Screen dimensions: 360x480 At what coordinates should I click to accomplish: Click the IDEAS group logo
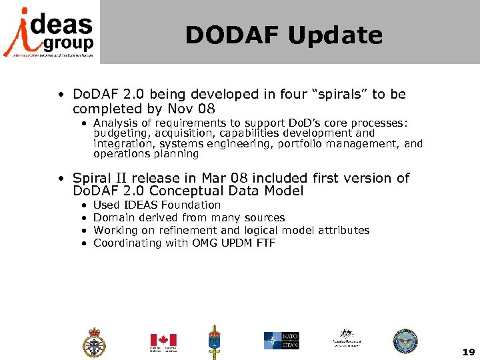(49, 32)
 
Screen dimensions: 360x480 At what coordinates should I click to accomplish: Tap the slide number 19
(468, 351)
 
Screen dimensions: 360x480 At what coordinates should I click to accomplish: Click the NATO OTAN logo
(281, 340)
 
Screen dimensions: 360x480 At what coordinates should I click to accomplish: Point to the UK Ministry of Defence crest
(93, 343)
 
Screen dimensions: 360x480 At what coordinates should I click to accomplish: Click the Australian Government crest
(346, 338)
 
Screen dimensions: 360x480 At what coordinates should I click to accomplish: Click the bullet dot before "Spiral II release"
(61, 179)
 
